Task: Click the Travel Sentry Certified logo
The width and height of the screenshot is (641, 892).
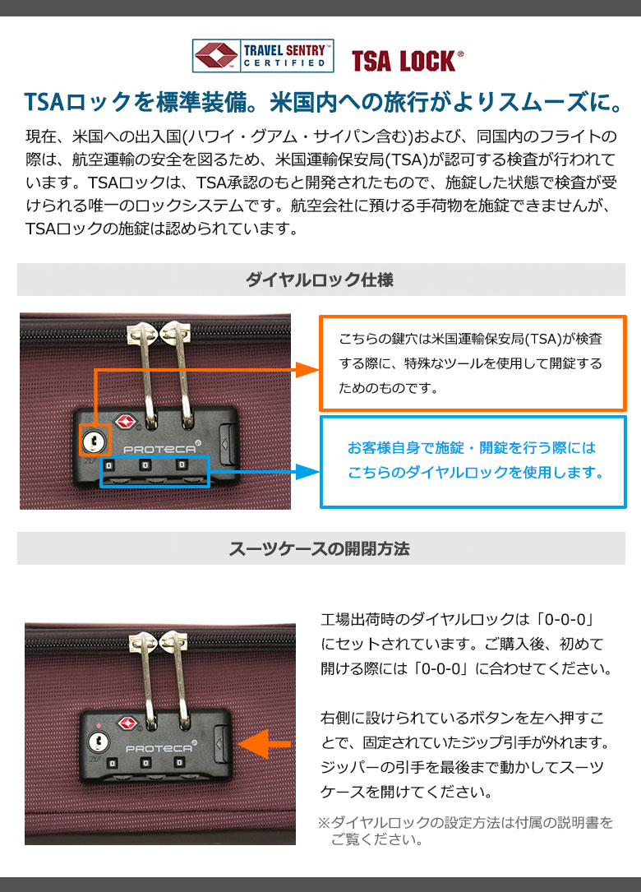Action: tap(263, 56)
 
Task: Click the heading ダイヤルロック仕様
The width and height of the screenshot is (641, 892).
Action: tap(320, 280)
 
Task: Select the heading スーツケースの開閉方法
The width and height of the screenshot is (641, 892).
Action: tap(320, 549)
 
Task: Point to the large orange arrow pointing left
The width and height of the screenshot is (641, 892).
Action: tap(265, 744)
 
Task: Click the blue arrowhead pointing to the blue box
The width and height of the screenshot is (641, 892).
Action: tap(307, 472)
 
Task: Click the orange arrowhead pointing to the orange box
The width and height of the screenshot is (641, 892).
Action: tap(307, 370)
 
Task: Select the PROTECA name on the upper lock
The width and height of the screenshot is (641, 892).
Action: tap(160, 448)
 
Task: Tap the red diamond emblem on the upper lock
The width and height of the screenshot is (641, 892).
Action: tap(127, 422)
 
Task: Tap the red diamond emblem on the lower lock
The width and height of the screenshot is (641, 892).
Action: tap(128, 723)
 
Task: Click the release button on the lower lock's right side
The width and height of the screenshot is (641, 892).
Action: tap(222, 743)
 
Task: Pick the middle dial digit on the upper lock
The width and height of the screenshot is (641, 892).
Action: tap(145, 465)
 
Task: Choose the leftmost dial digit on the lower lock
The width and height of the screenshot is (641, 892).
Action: tap(113, 763)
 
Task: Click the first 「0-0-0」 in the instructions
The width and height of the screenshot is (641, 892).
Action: tap(565, 619)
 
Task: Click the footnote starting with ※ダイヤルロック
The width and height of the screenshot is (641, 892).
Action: tap(465, 830)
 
